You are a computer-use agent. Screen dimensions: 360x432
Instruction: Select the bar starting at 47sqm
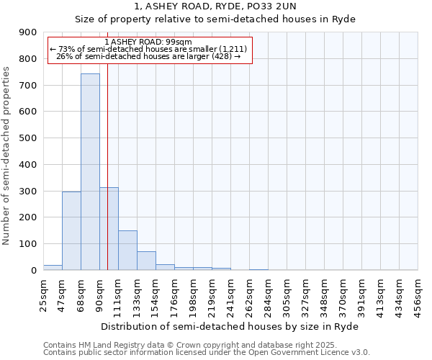click(x=71, y=230)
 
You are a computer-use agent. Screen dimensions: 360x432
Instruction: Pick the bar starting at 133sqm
click(x=146, y=261)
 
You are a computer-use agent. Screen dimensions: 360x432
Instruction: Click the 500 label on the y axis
click(x=28, y=138)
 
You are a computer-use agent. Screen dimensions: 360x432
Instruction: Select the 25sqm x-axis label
click(x=43, y=294)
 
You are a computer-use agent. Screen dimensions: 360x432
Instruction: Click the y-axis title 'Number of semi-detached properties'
click(x=7, y=156)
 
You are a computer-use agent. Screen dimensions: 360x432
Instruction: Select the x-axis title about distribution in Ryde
click(x=230, y=326)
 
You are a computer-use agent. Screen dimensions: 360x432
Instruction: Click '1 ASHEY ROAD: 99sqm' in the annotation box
click(x=148, y=42)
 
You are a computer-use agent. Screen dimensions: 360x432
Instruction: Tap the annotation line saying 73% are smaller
click(x=149, y=49)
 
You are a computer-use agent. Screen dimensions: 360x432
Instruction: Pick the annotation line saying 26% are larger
click(x=148, y=56)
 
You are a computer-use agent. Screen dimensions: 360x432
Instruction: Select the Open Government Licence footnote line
click(x=207, y=352)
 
